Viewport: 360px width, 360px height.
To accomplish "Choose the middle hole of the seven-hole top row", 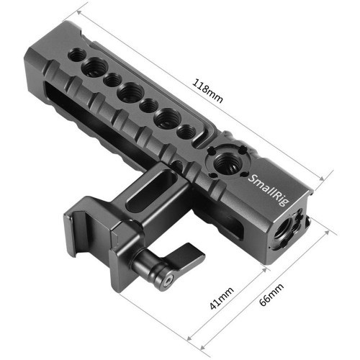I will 130,91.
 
